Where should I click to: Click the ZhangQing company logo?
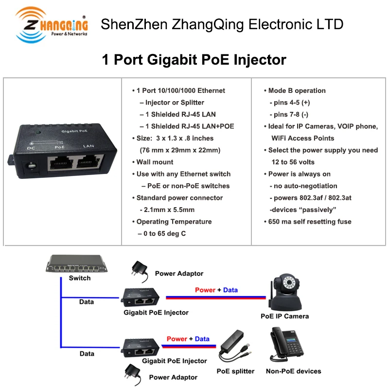pyautogui.click(x=51, y=24)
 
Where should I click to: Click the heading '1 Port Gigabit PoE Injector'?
pyautogui.click(x=194, y=60)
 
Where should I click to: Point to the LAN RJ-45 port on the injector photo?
pyautogui.click(x=89, y=162)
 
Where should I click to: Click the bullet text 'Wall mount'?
pyautogui.click(x=155, y=162)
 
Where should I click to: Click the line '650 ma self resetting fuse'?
pyautogui.click(x=310, y=222)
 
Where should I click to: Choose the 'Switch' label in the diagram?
pyautogui.click(x=80, y=278)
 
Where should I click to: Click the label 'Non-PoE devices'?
pyautogui.click(x=293, y=371)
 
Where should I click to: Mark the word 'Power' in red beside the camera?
pyautogui.click(x=205, y=290)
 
